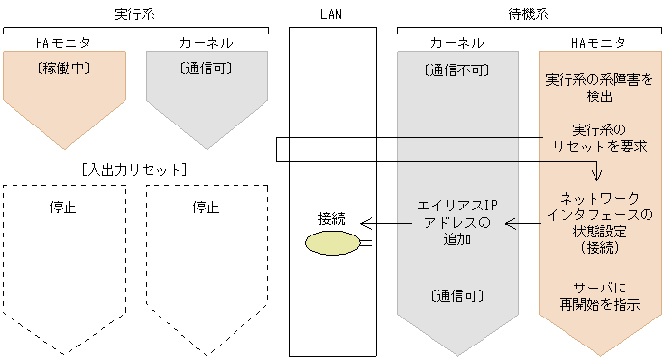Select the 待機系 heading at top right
[528, 14]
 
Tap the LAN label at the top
[331, 14]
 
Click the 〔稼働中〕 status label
[63, 69]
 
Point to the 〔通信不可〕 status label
[456, 70]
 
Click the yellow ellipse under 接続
[331, 242]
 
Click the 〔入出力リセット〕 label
[134, 169]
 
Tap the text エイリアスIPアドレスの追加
[456, 224]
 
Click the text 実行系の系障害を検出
[599, 88]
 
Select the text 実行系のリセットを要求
[599, 138]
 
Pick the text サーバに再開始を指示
[599, 296]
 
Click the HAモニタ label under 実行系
[63, 43]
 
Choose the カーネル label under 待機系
[456, 43]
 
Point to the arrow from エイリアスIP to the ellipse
[385, 225]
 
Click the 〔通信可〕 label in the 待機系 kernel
[456, 295]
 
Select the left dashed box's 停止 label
[63, 207]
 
